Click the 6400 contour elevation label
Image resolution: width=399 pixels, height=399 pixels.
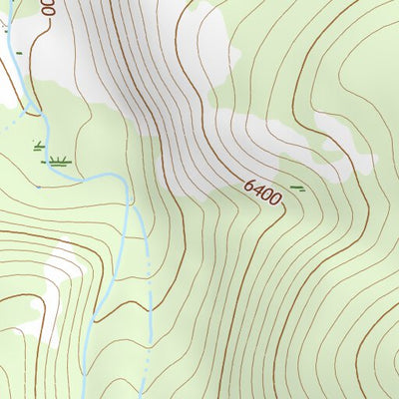tap(261, 194)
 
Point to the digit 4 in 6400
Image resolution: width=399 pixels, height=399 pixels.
tap(257, 191)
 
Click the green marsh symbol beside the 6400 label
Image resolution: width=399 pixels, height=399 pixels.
tap(297, 187)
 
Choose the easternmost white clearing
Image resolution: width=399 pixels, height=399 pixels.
tap(339, 140)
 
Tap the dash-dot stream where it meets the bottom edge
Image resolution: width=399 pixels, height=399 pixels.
tap(142, 396)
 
